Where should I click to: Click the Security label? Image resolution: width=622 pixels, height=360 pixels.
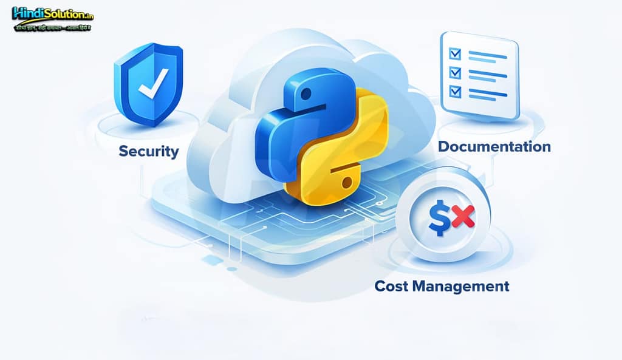coord(149,151)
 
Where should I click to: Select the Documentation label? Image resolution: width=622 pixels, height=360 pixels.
coord(494,146)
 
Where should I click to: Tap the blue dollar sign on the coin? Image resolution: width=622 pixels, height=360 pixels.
coord(439,219)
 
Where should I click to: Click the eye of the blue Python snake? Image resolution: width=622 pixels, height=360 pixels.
coord(305,93)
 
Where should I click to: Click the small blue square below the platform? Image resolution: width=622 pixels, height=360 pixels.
coord(213,260)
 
